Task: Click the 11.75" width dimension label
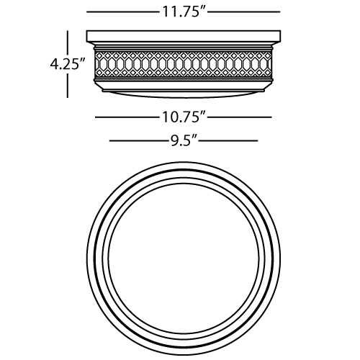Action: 184,12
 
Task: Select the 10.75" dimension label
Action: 184,117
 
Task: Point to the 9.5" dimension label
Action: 184,141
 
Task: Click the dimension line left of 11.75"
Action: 123,12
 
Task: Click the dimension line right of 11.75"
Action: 244,12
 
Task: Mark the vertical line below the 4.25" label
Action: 68,86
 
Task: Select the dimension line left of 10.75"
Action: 127,117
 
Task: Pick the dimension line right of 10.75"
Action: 240,117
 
